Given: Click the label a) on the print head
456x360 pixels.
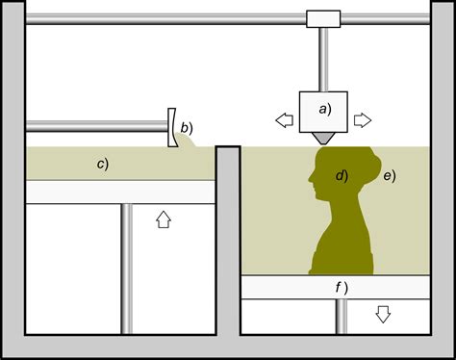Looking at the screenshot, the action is pos(324,109).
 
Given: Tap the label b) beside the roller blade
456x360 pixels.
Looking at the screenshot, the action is pos(187,127).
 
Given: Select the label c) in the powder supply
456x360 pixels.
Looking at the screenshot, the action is pos(102,163).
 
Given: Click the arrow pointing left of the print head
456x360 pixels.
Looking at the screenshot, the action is pos(284,119).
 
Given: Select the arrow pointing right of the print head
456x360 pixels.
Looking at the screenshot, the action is pos(363,119).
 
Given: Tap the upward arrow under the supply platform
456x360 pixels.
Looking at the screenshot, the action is pos(163,219).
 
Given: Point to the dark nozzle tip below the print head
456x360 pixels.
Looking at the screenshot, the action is pos(323,139).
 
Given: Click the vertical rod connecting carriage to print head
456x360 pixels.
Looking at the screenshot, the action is pos(324,60).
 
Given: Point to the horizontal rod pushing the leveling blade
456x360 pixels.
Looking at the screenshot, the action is pos(96,126).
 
